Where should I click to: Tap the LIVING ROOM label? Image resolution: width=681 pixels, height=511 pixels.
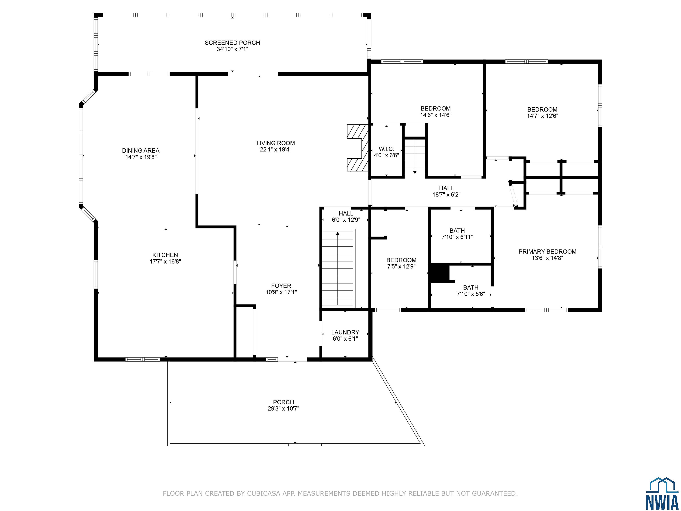(x=276, y=143)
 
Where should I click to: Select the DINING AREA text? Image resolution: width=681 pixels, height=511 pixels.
(x=141, y=151)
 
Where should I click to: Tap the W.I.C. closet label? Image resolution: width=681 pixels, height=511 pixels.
(x=386, y=149)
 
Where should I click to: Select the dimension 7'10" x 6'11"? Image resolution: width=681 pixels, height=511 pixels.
(x=457, y=237)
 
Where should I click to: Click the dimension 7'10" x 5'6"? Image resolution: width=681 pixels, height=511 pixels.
(x=471, y=294)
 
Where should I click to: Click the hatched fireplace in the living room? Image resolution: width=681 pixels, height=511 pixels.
(x=358, y=148)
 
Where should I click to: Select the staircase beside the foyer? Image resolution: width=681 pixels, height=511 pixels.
(x=338, y=269)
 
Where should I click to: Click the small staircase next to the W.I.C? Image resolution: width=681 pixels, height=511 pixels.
(x=415, y=157)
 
